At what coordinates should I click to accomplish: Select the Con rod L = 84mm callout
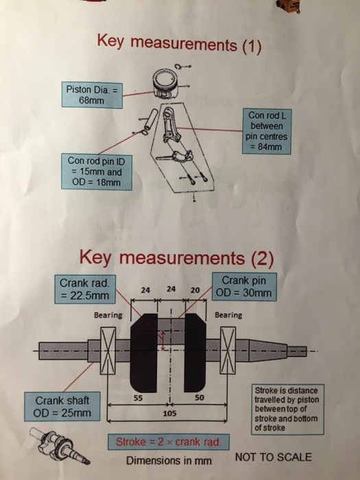click(266, 130)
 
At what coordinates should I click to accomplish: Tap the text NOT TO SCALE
click(273, 457)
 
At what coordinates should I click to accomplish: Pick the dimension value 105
click(169, 415)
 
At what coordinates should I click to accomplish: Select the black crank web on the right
click(195, 351)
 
